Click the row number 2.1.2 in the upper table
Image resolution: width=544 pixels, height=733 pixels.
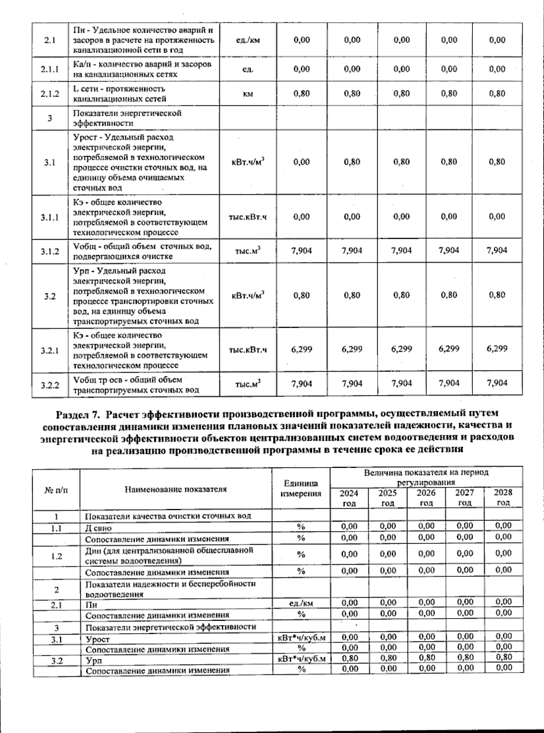(50, 94)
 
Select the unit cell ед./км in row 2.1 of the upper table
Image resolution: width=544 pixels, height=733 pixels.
(248, 40)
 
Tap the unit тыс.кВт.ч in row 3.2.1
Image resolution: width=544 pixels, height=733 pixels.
(248, 349)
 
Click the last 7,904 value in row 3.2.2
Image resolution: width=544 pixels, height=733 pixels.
(497, 383)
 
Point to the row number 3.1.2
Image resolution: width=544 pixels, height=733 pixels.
(50, 251)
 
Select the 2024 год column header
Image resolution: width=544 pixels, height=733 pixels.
(349, 498)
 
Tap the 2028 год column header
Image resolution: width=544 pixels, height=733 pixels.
(503, 498)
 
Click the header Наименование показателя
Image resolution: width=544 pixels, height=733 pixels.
(175, 489)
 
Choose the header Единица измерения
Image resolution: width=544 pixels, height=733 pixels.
(301, 489)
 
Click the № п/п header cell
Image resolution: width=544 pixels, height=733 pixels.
(56, 489)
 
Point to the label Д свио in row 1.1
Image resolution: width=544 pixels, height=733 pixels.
(98, 528)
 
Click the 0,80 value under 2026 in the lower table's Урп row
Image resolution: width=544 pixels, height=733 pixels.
(426, 657)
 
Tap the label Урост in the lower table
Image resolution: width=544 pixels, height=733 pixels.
(98, 639)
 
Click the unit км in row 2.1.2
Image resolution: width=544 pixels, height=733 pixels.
(248, 94)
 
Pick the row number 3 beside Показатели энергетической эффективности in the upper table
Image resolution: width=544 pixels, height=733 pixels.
(50, 118)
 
